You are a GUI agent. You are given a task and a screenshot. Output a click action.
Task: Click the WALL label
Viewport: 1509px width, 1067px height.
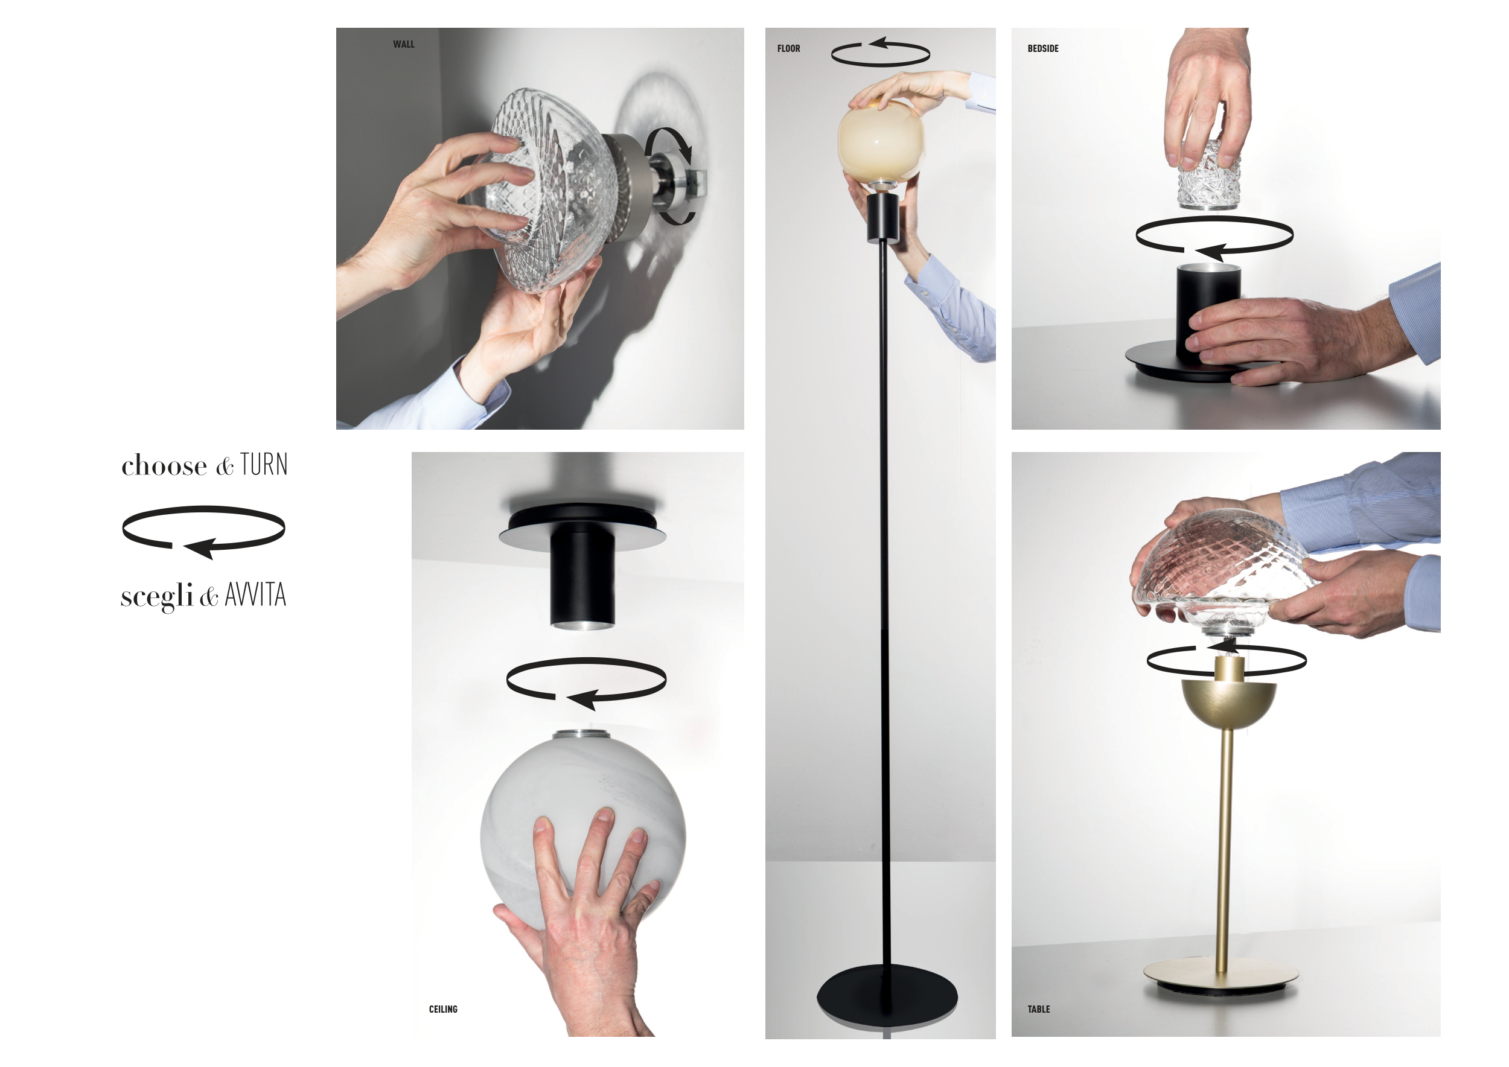pos(404,44)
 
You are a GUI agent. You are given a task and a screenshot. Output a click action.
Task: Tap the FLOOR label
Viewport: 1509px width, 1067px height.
pos(789,48)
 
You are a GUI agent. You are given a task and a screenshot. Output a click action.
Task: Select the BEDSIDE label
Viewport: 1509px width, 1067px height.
pos(1043,48)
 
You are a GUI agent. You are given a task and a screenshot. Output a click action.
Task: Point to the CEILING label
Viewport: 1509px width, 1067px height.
pos(443,1009)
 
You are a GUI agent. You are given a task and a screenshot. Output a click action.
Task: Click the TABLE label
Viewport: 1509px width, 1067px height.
pos(1038,1009)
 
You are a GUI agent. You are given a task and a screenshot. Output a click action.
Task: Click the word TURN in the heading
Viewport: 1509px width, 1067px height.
pos(264,465)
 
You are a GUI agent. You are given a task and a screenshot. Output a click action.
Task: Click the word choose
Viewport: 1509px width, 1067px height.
pos(164,466)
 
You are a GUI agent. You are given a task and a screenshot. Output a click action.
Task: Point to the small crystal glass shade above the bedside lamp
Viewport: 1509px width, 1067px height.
pos(1208,174)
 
